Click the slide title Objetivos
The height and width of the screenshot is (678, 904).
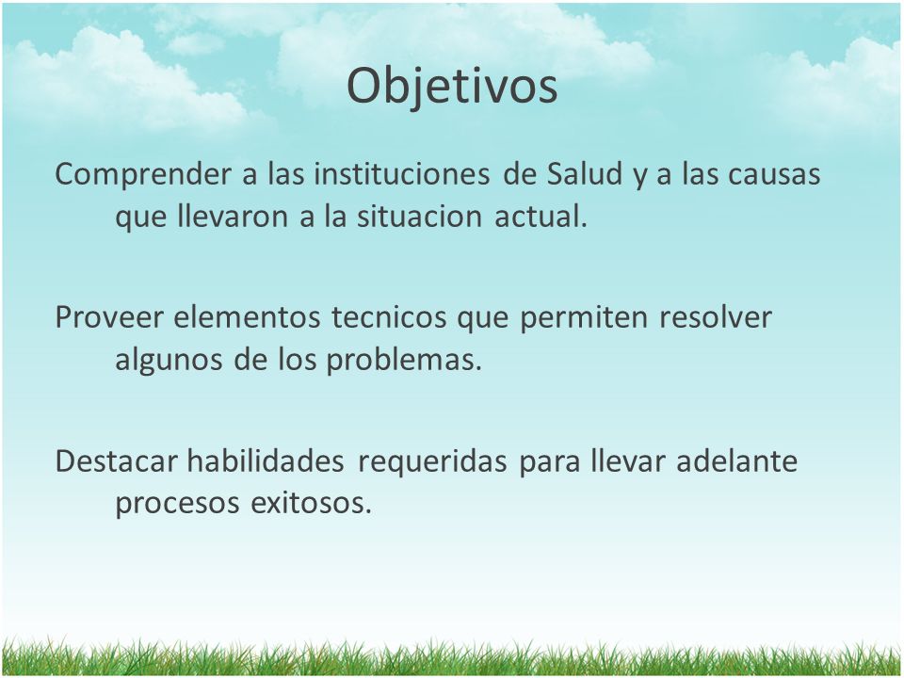(452, 87)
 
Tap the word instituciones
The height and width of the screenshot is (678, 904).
(402, 173)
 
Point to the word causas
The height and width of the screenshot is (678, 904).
(774, 175)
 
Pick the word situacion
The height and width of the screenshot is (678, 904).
(419, 217)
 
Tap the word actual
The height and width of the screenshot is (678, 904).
(541, 217)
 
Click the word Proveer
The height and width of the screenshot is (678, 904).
(109, 317)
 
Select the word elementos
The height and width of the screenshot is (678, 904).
(247, 317)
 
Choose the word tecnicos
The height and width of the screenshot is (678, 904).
(389, 317)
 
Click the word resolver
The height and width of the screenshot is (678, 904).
(716, 317)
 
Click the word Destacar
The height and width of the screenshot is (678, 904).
(117, 461)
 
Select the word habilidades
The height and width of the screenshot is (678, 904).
(266, 460)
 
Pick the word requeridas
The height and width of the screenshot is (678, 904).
(432, 462)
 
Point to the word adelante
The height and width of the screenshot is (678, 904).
(736, 460)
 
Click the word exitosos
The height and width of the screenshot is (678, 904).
(312, 503)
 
